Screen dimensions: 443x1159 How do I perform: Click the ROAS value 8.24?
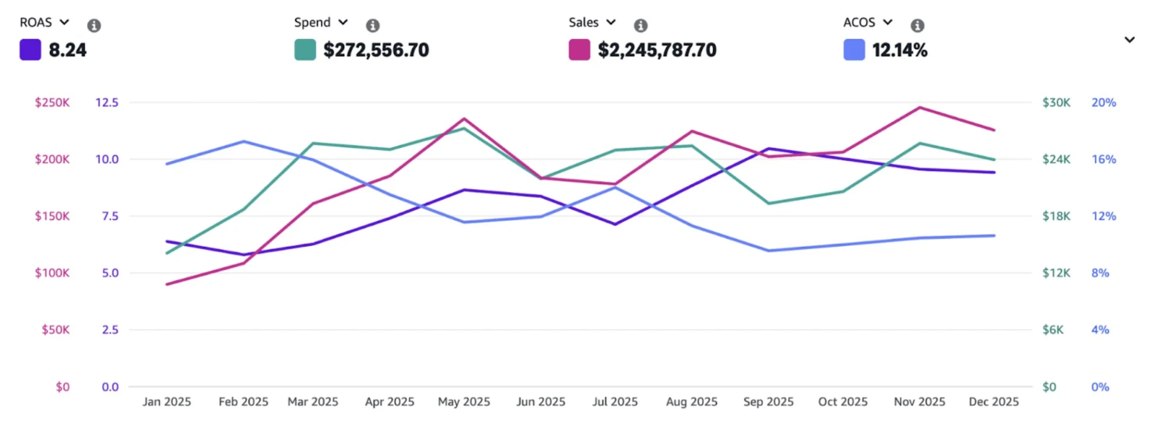[x=67, y=50]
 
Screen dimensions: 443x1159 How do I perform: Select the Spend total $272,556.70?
[x=375, y=50]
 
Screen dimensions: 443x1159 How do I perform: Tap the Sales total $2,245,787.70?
[x=657, y=50]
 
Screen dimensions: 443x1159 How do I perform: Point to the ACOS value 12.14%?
[x=899, y=50]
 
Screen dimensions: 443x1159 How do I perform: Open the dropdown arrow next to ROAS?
[x=64, y=22]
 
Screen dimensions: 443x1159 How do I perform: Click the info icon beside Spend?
[x=373, y=25]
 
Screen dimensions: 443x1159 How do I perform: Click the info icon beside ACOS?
[x=918, y=25]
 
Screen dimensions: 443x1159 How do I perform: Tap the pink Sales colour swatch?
[x=579, y=49]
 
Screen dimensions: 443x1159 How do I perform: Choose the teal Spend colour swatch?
[x=305, y=49]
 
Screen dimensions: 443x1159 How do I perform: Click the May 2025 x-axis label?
[x=464, y=402]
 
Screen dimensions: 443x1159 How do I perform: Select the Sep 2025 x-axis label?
[x=768, y=402]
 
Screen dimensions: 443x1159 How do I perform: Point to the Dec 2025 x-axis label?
[x=993, y=402]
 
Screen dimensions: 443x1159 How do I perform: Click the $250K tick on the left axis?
[x=52, y=103]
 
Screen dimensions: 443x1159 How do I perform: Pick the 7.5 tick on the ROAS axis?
[x=110, y=216]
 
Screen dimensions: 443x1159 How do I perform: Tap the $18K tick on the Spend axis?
[x=1056, y=216]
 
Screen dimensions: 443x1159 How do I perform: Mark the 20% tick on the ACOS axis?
[x=1103, y=103]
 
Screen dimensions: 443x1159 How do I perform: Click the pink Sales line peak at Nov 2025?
[x=919, y=107]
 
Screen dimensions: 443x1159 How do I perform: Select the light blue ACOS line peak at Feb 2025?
[x=244, y=141]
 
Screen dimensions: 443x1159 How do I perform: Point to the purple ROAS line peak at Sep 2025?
[x=768, y=148]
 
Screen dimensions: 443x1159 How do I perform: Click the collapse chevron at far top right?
[x=1129, y=40]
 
